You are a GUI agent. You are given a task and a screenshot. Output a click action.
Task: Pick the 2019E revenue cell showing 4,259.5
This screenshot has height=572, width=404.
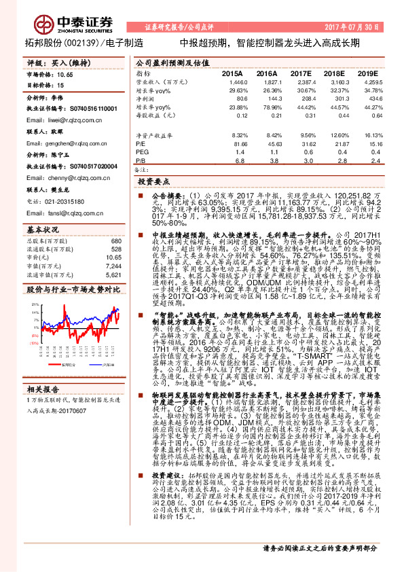[x=367, y=81]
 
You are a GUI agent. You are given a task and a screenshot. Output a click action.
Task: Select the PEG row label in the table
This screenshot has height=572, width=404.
[x=142, y=153]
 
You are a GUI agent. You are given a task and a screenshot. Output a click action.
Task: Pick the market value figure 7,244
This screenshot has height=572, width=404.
[x=113, y=266]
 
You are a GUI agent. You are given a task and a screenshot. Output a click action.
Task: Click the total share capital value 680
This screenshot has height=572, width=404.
[x=115, y=241]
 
